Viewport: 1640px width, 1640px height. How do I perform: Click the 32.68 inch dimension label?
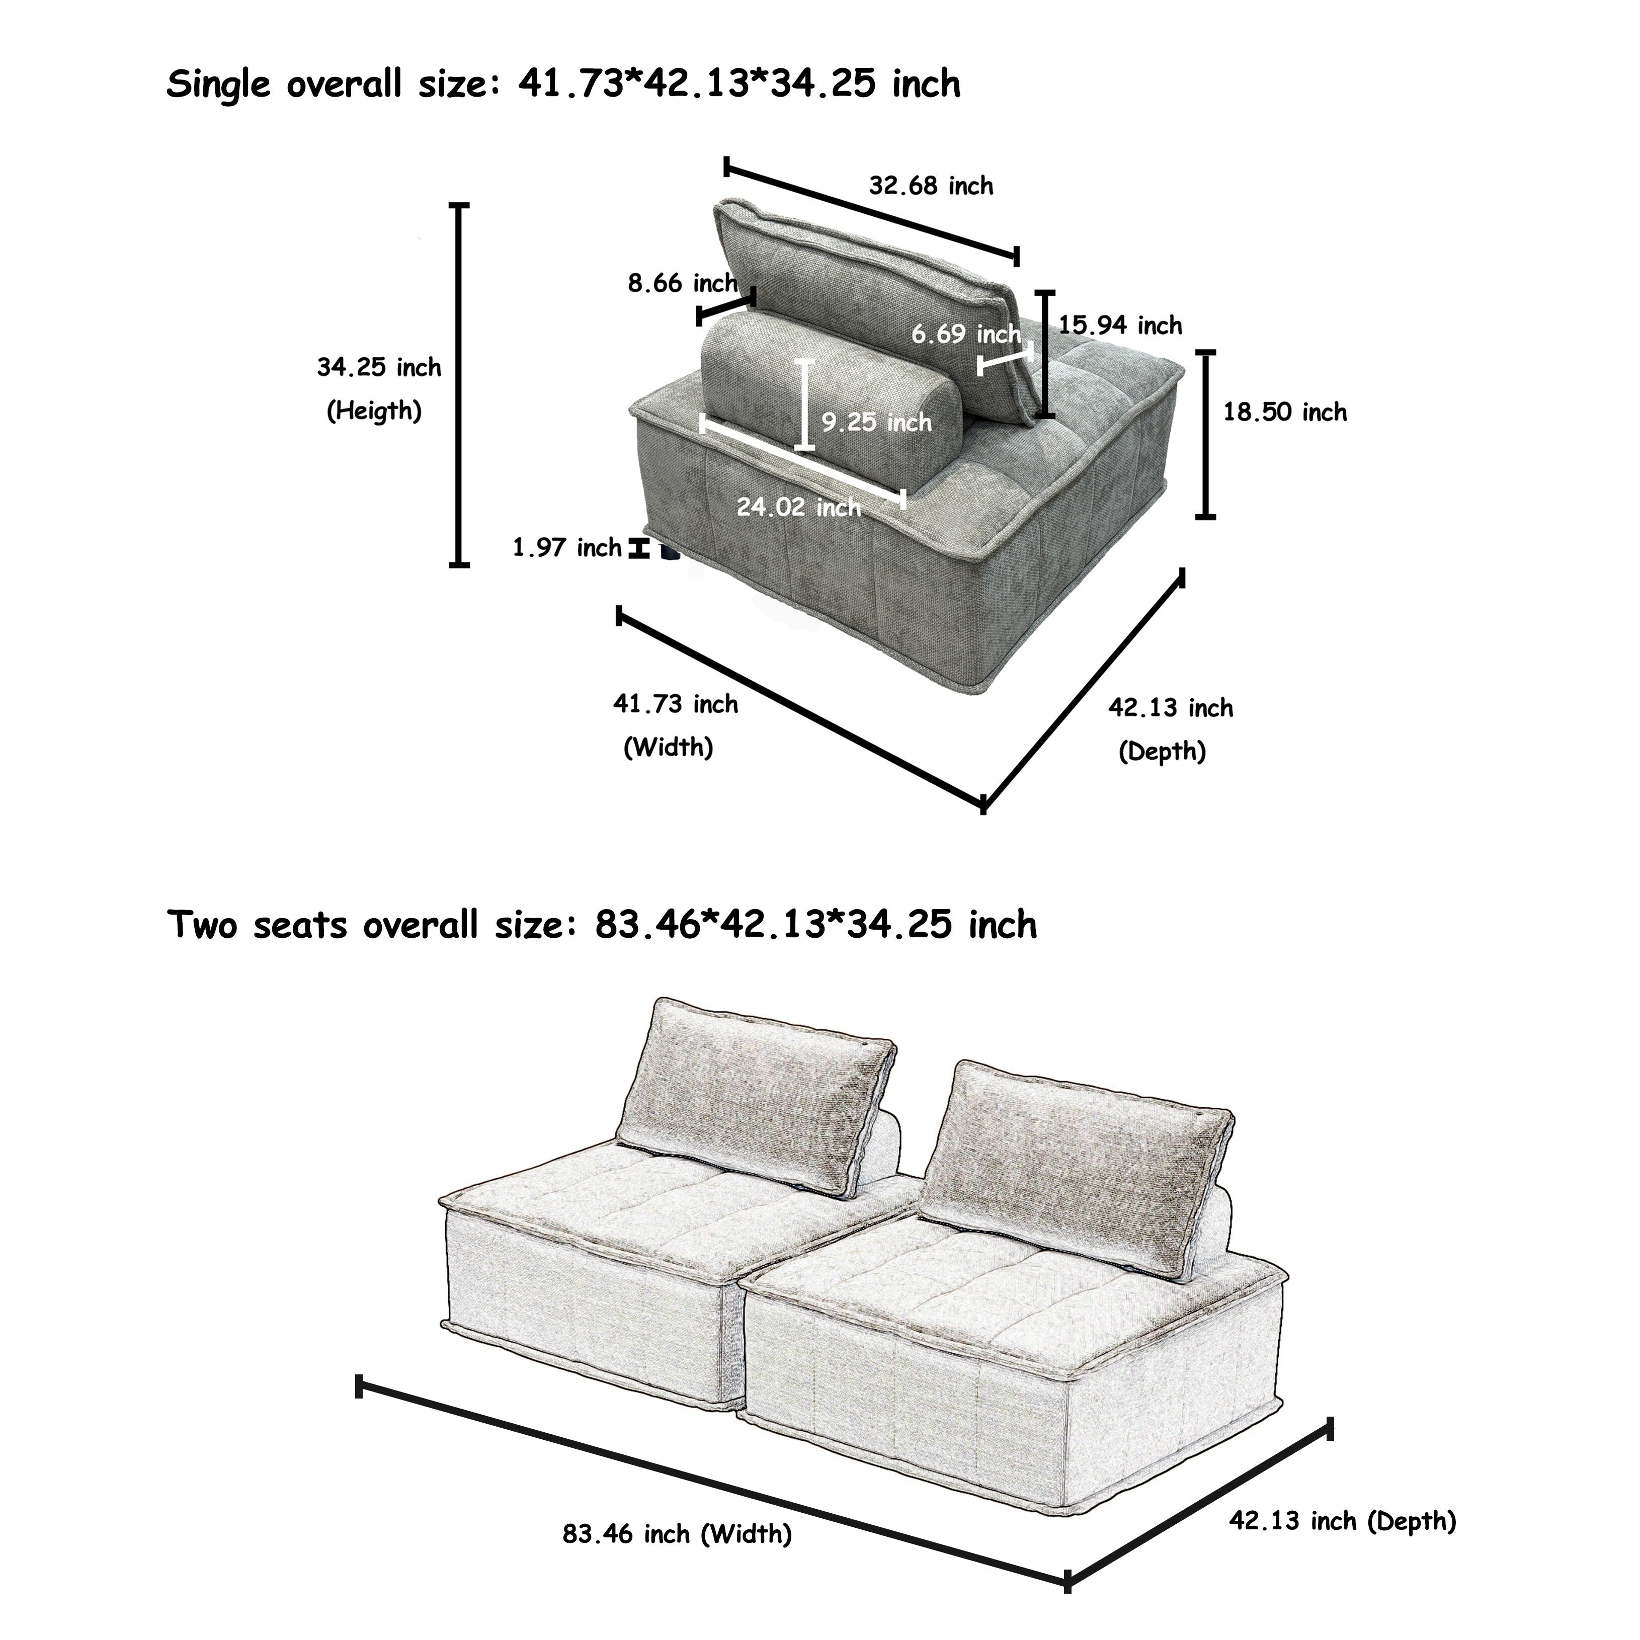930,186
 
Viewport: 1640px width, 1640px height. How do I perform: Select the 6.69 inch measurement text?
966,335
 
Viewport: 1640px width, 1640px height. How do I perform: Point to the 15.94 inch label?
1120,325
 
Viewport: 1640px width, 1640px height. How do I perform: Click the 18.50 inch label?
1284,413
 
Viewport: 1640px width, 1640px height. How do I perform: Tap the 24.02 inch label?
798,507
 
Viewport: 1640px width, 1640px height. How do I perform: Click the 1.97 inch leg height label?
567,547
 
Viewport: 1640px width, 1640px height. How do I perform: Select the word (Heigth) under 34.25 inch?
374,411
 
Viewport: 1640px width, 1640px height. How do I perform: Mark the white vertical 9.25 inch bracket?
805,404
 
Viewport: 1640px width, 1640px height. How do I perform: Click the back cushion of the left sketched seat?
756,1095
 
